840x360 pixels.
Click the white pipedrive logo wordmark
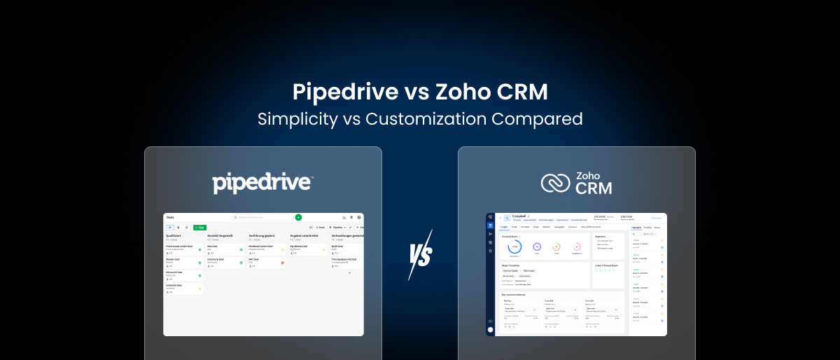click(x=262, y=183)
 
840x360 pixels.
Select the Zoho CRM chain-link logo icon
click(x=555, y=183)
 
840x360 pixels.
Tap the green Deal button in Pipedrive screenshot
click(x=199, y=228)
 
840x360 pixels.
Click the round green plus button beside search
click(x=299, y=218)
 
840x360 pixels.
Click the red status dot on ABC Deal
click(x=283, y=263)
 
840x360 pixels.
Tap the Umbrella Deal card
click(x=175, y=286)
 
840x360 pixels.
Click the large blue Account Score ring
click(x=514, y=247)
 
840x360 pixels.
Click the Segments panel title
click(x=601, y=236)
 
